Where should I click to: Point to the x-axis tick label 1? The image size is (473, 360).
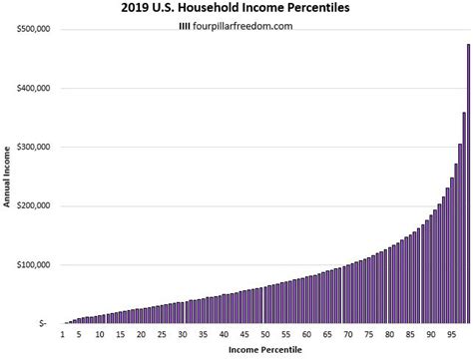click(63, 335)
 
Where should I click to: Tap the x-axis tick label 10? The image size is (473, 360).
click(100, 335)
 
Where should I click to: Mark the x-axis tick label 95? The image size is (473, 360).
click(450, 335)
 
